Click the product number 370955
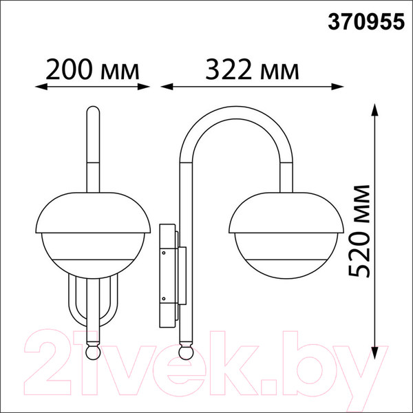click(x=366, y=22)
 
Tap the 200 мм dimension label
click(x=92, y=70)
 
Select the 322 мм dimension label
click(x=252, y=70)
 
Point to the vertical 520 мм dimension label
click(x=359, y=231)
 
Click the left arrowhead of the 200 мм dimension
click(x=41, y=87)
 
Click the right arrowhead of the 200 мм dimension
click(x=144, y=87)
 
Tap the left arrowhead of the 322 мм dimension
click(x=167, y=87)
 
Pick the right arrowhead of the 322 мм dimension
click(x=337, y=87)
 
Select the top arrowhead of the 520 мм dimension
click(x=374, y=110)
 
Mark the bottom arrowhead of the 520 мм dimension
click(x=374, y=353)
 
